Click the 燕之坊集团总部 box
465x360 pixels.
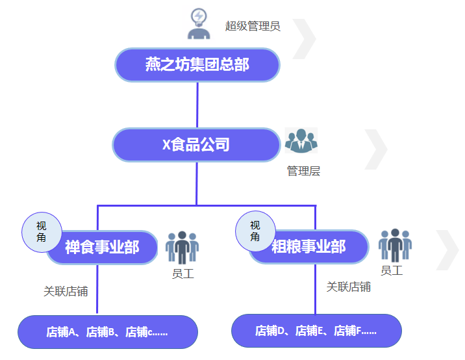tap(197, 65)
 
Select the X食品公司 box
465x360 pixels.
tap(197, 144)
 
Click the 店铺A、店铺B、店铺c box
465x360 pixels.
tap(108, 332)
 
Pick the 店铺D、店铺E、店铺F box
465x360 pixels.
tap(316, 331)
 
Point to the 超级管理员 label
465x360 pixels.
tap(253, 26)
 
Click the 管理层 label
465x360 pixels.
tap(303, 171)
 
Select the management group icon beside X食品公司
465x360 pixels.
tap(301, 141)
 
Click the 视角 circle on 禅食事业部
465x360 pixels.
tap(42, 232)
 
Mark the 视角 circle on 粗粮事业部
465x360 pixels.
tap(255, 231)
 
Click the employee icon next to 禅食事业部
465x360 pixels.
tap(182, 247)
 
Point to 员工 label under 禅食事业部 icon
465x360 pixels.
tap(182, 274)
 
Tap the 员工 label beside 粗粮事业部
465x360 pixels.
tap(392, 270)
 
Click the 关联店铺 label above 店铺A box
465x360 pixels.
tap(66, 291)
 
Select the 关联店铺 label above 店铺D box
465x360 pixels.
tap(348, 287)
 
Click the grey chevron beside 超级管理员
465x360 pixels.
tap(305, 38)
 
